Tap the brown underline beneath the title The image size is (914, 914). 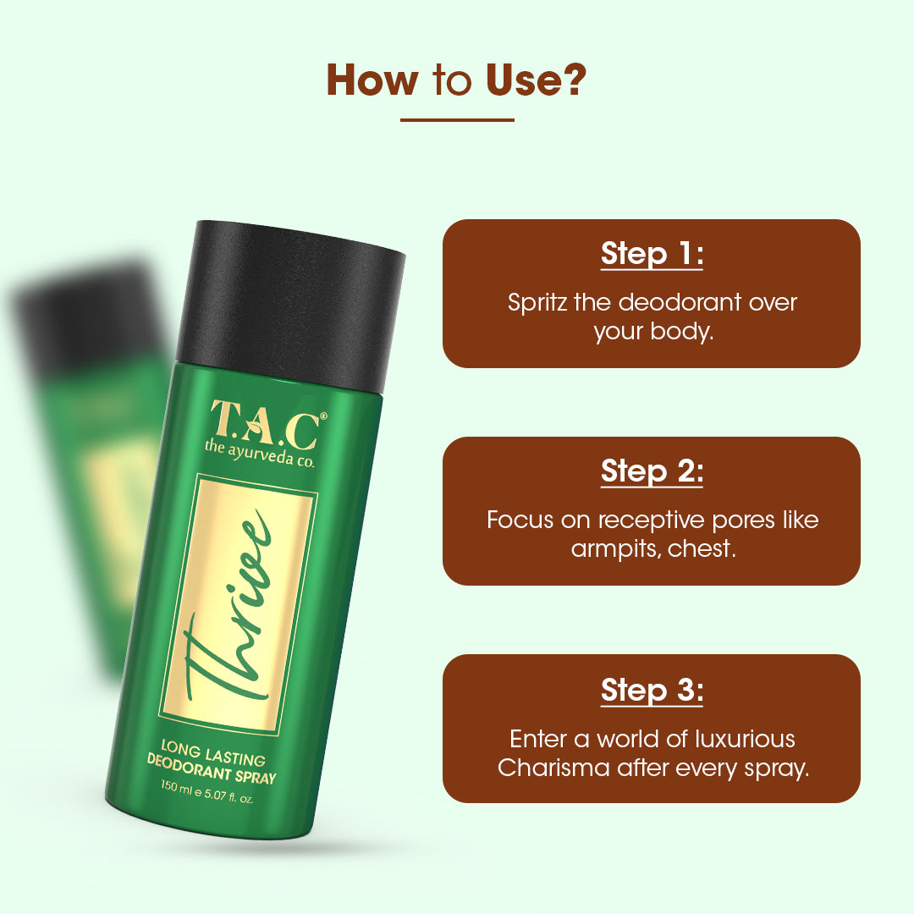click(457, 120)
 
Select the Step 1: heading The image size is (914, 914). click(652, 253)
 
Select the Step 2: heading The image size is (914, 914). click(652, 471)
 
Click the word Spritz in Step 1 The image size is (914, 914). click(537, 302)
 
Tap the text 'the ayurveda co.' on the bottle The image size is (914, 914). click(259, 447)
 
